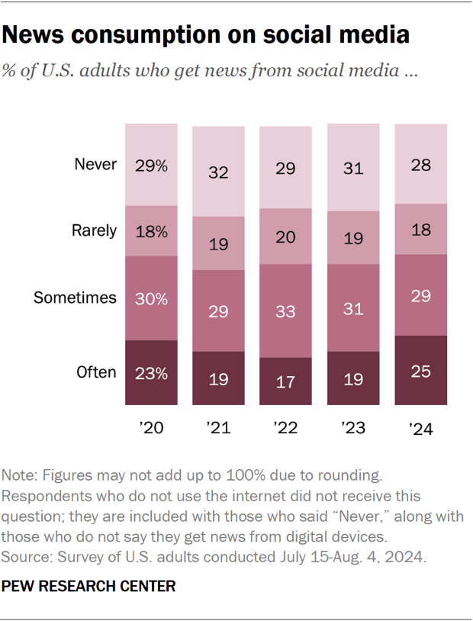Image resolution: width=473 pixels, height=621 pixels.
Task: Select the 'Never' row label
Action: tap(95, 163)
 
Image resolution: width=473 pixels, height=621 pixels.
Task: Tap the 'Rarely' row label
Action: tap(95, 230)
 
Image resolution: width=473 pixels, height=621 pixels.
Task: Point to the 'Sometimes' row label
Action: tap(75, 298)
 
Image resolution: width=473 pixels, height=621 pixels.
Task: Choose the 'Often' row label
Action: tap(96, 372)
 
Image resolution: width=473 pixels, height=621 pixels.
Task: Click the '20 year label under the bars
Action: tap(151, 430)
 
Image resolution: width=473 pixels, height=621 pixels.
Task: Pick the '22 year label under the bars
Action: tap(285, 430)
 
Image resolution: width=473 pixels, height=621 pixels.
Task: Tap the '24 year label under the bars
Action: tap(420, 430)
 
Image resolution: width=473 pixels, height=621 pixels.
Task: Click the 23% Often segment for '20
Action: tap(151, 372)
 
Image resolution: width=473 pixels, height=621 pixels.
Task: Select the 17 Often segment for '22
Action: tap(285, 381)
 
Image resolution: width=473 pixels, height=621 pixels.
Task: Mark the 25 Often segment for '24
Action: tap(420, 371)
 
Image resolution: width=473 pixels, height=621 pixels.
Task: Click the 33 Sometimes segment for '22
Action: tap(285, 310)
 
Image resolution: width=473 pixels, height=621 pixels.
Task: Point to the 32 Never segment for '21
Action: tap(218, 172)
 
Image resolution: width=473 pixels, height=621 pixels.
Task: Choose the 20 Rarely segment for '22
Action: tap(285, 236)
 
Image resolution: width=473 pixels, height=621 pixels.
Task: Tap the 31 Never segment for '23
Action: tap(353, 168)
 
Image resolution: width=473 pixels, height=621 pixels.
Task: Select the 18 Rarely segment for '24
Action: tap(420, 230)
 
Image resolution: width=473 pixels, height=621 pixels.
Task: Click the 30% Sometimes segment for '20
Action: tap(151, 298)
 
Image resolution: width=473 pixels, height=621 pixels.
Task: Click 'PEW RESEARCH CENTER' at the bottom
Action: tap(89, 586)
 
